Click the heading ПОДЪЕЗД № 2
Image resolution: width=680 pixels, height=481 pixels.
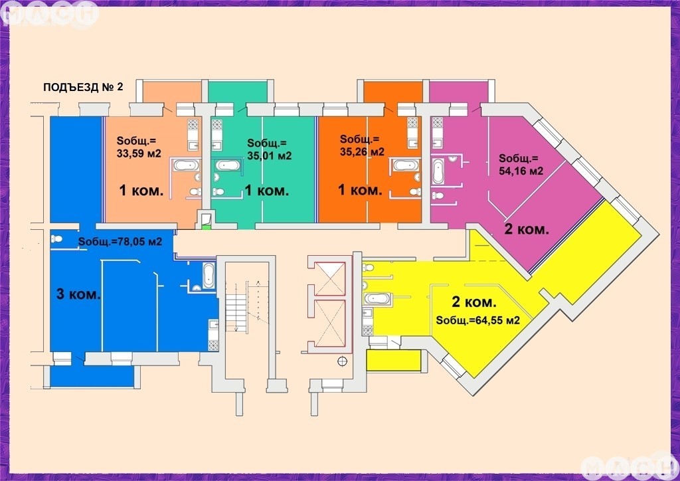[83, 87]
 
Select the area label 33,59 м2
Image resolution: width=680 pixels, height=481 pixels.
[139, 153]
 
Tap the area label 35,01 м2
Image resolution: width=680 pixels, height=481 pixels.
[270, 155]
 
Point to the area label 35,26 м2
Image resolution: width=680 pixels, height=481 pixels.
[362, 151]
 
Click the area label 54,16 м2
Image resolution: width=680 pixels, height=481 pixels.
[521, 171]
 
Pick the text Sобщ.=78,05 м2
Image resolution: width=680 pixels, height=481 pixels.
[120, 242]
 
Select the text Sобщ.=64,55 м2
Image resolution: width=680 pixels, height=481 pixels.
[478, 320]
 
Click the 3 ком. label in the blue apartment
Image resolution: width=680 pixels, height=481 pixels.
[78, 294]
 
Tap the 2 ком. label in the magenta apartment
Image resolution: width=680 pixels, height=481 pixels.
[527, 229]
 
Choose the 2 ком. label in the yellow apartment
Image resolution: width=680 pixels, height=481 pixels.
[474, 302]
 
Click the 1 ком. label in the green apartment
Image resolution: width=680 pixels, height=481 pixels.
[267, 190]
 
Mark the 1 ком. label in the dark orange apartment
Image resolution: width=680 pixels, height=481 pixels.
[360, 189]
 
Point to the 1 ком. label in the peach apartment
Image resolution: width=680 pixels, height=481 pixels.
[141, 190]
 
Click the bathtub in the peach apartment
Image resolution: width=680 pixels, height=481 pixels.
[187, 165]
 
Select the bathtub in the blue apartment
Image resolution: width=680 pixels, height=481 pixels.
[209, 276]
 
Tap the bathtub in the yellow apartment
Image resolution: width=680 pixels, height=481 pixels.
[377, 298]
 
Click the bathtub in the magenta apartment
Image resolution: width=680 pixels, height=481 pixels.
[438, 171]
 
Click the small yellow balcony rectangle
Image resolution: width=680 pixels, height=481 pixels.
[394, 361]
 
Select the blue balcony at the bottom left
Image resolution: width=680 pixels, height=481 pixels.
[92, 376]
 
